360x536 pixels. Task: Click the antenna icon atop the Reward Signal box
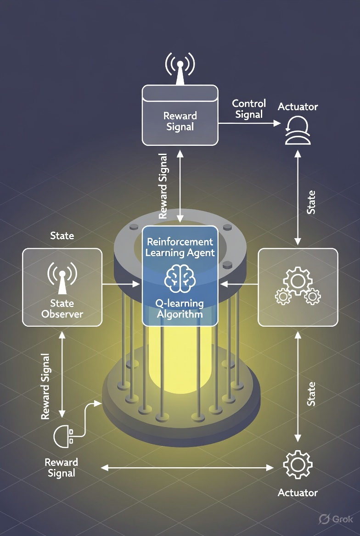pyautogui.click(x=180, y=69)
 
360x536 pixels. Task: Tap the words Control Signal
pyautogui.click(x=249, y=109)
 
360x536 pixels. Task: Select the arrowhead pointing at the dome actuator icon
pyautogui.click(x=277, y=123)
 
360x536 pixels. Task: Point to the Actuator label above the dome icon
pyautogui.click(x=298, y=107)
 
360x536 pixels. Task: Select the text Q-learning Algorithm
pyautogui.click(x=180, y=308)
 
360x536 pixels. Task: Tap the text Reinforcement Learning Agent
pyautogui.click(x=180, y=247)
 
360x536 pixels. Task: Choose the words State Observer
pyautogui.click(x=62, y=308)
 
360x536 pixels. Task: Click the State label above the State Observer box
pyautogui.click(x=62, y=236)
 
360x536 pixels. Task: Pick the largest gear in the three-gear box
pyautogui.click(x=298, y=279)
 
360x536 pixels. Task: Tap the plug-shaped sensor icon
pyautogui.click(x=63, y=436)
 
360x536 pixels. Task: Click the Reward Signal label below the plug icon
pyautogui.click(x=62, y=467)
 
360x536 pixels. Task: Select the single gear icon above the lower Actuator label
pyautogui.click(x=298, y=465)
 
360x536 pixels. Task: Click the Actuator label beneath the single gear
pyautogui.click(x=298, y=493)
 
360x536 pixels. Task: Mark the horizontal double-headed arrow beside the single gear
pyautogui.click(x=187, y=468)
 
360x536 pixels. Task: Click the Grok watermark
pyautogui.click(x=336, y=519)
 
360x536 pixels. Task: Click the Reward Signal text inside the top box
pyautogui.click(x=180, y=121)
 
